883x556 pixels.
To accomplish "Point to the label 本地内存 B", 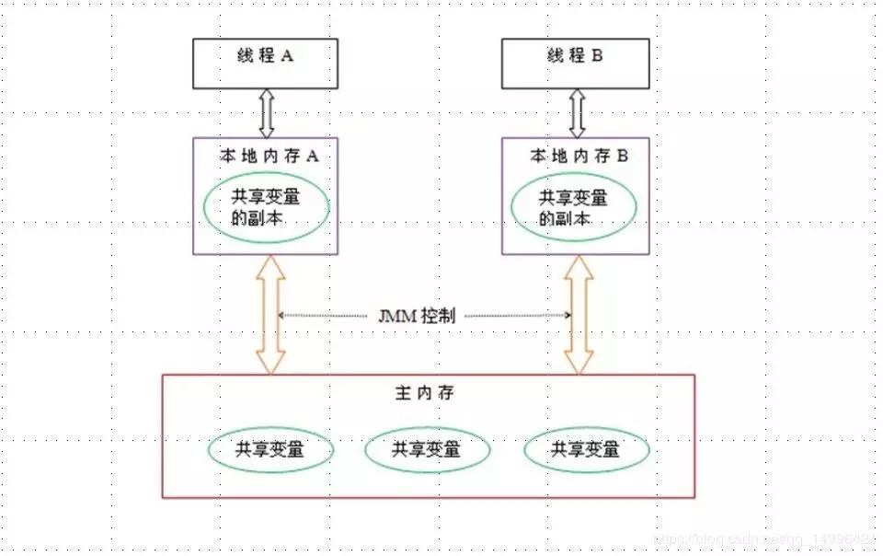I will tap(579, 156).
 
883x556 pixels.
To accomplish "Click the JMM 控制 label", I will tap(423, 315).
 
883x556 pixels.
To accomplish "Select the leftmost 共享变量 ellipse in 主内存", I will tap(269, 450).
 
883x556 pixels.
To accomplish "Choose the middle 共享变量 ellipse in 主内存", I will tap(427, 450).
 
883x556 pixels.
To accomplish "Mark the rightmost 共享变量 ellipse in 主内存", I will tap(586, 450).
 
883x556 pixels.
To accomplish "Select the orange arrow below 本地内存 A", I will tap(270, 315).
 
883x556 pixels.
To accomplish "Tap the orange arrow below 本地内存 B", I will tap(579, 315).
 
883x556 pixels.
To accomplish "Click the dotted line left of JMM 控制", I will tap(327, 316).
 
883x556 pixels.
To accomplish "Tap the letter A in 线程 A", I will tap(287, 56).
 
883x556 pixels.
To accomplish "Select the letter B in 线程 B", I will tap(597, 56).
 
